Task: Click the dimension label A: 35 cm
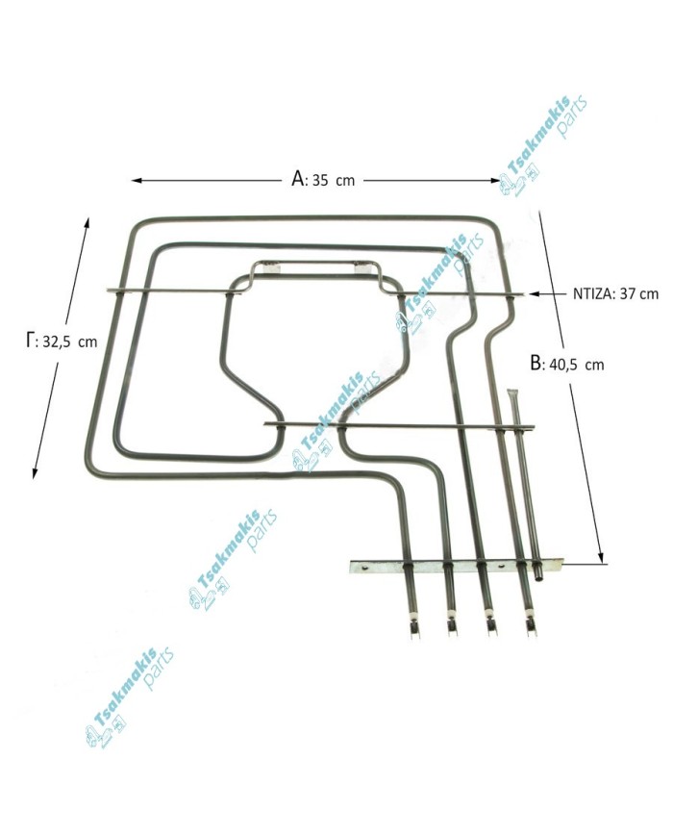(323, 179)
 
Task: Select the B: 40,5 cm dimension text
(567, 365)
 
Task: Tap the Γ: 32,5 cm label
(62, 341)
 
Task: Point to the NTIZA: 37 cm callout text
(615, 293)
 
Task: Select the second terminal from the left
(451, 626)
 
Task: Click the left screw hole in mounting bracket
(364, 568)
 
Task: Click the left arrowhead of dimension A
(137, 181)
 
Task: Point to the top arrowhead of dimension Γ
(87, 222)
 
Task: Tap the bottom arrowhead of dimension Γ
(36, 472)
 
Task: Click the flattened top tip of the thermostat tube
(512, 393)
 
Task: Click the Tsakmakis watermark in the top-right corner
(542, 145)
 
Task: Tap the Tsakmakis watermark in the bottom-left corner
(130, 697)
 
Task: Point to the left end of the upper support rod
(109, 291)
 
